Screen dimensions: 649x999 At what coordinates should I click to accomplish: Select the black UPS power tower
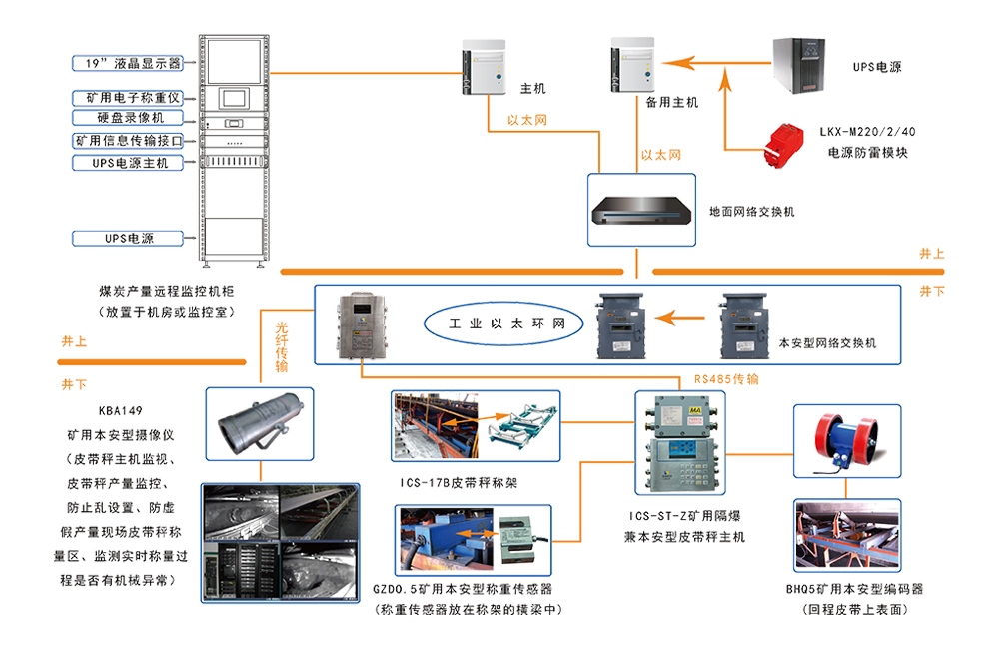806,65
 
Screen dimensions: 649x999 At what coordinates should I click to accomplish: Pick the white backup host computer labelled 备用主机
632,65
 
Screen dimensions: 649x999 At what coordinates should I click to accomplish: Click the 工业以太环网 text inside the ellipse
508,323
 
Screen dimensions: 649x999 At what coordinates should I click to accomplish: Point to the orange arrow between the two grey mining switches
686,322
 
